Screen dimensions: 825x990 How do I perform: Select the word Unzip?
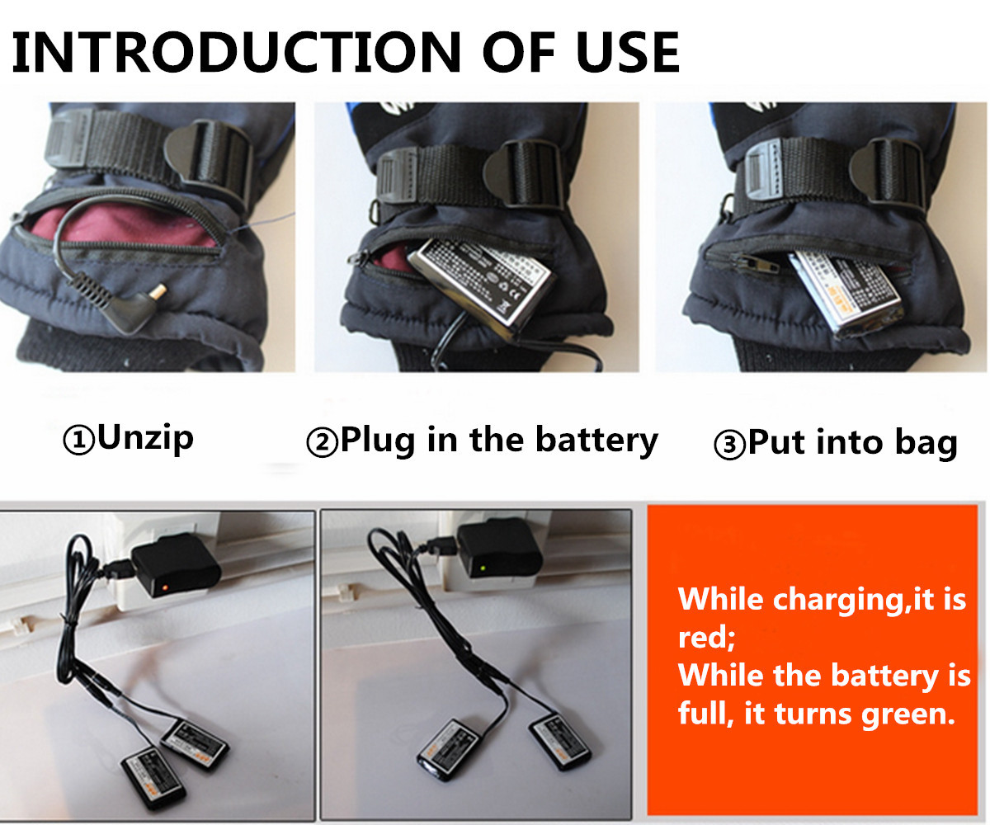point(145,437)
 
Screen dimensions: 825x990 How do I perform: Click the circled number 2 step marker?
point(321,443)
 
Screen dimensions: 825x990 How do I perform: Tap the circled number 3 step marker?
point(728,445)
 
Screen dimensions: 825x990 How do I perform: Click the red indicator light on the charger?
point(166,587)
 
